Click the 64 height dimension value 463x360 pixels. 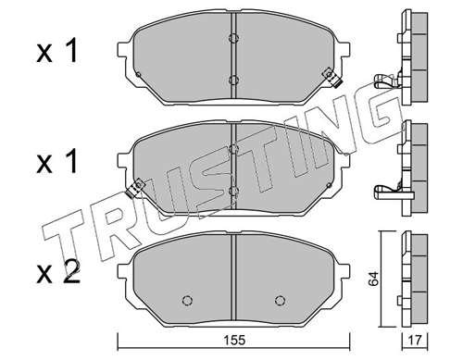[x=373, y=279]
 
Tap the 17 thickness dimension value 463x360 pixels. [x=415, y=341]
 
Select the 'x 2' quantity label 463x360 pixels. [x=58, y=271]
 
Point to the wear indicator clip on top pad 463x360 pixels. [x=332, y=78]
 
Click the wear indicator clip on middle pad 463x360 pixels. [x=135, y=188]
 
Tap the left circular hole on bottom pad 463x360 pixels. [x=187, y=300]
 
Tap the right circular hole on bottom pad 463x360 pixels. [x=280, y=300]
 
